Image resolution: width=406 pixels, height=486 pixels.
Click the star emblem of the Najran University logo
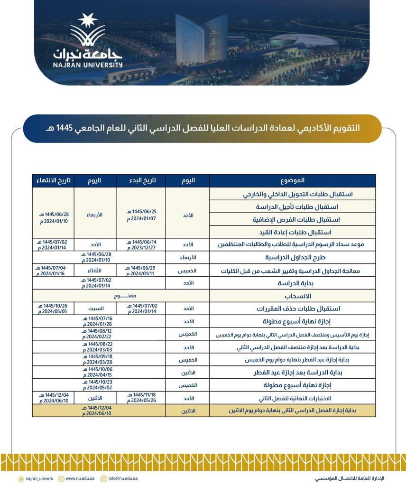[88, 21]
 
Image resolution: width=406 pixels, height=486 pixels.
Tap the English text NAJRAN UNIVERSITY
[88, 65]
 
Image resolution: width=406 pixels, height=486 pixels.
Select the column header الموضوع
[292, 180]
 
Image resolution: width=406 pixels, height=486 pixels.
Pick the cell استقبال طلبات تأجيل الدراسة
[297, 207]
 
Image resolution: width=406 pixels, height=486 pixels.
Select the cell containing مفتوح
[121, 296]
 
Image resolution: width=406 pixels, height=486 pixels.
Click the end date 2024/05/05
[52, 311]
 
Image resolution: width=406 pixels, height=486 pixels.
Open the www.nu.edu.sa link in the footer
[78, 479]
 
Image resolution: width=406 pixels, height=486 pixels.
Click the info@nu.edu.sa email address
[123, 479]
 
